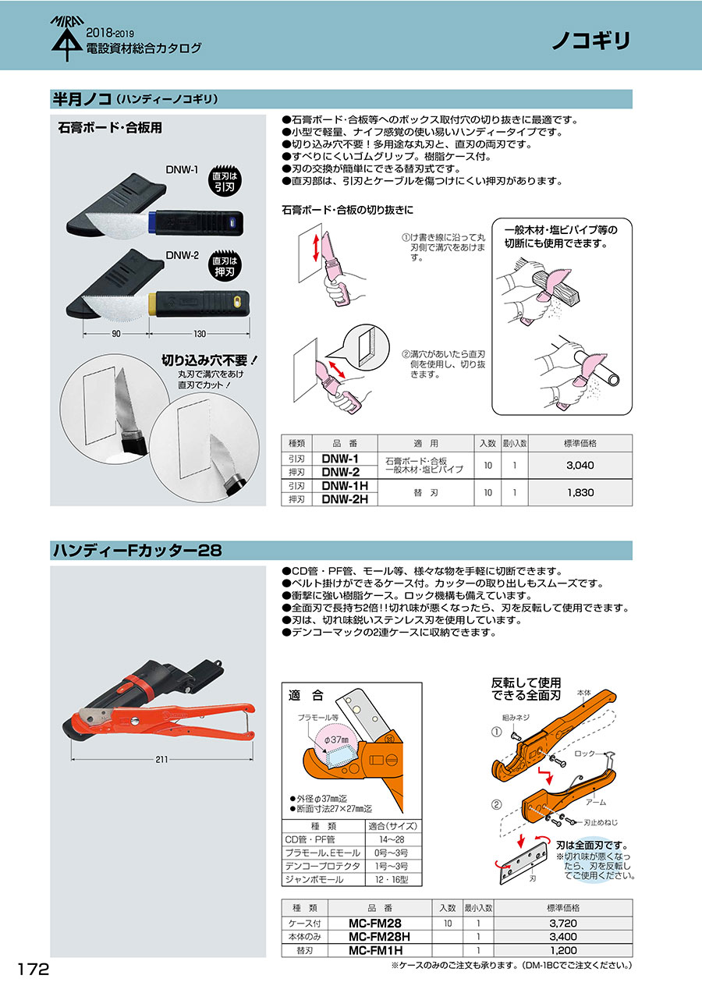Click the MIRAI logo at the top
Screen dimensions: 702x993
(x=66, y=38)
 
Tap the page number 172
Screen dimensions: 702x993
(x=34, y=970)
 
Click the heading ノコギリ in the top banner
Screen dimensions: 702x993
(x=591, y=41)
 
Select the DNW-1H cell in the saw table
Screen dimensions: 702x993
(x=345, y=485)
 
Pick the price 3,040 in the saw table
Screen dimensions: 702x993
(x=580, y=465)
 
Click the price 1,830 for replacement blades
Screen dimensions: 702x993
(x=580, y=492)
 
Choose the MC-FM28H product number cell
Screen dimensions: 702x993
(x=379, y=937)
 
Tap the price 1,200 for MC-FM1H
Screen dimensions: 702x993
(x=563, y=950)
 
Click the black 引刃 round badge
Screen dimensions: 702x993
(x=225, y=182)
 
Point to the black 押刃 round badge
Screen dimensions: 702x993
(x=225, y=267)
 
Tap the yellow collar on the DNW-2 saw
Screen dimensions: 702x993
(x=151, y=305)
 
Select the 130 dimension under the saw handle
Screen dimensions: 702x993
(x=200, y=334)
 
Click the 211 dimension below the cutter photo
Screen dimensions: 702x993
(x=161, y=760)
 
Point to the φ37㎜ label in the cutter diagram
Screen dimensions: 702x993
(x=336, y=739)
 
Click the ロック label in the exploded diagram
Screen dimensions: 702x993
(x=584, y=754)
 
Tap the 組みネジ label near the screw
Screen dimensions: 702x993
(x=515, y=718)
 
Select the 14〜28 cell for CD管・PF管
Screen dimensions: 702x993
(x=392, y=839)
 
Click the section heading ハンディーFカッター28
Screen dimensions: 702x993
(x=137, y=551)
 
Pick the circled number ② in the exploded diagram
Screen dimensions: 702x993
(x=497, y=803)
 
